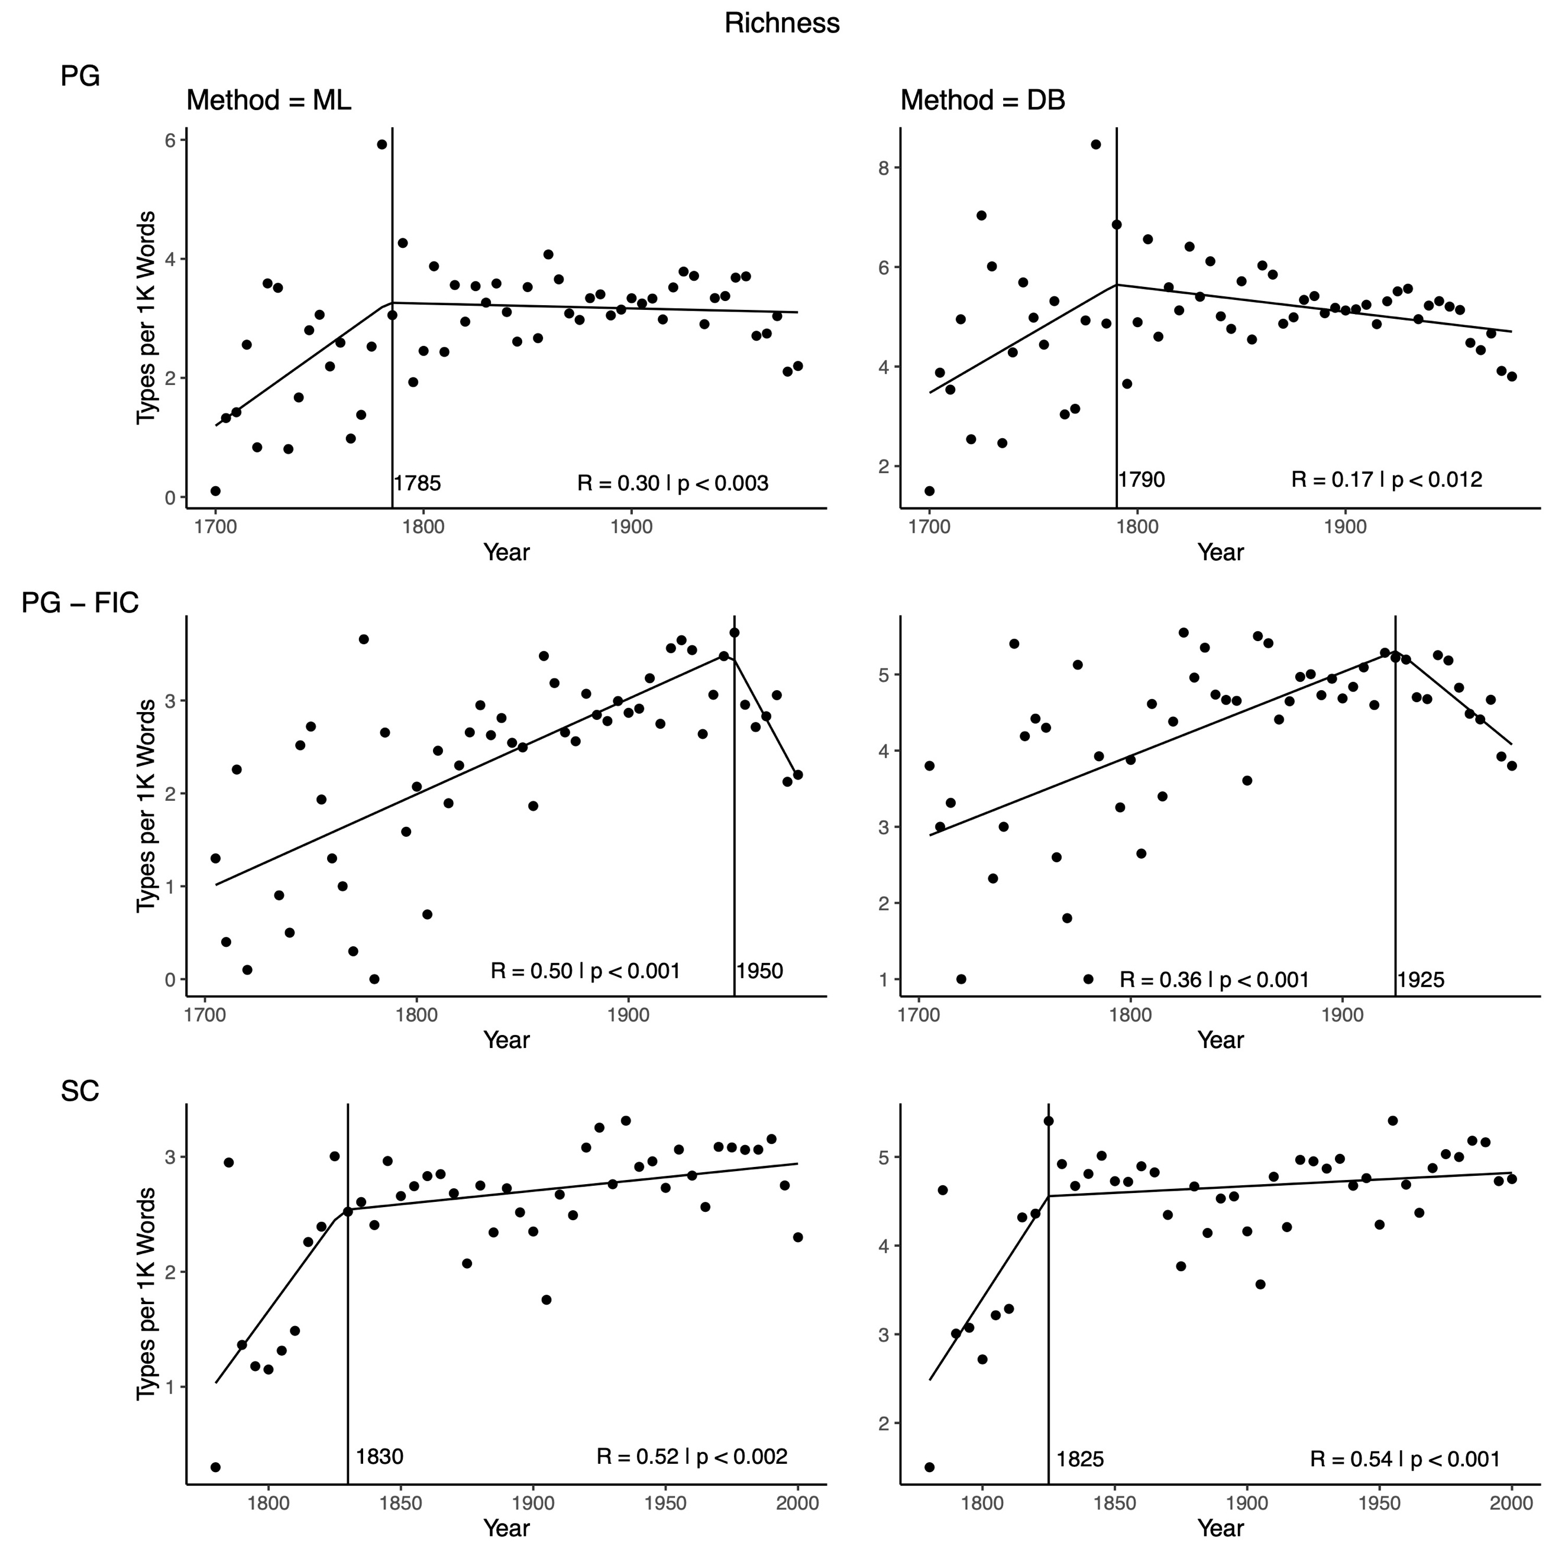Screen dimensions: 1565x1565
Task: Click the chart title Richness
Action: coord(782,24)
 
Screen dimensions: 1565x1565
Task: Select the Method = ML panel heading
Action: coord(269,101)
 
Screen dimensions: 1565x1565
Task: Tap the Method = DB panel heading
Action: coord(982,101)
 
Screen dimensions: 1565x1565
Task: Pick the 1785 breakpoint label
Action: coord(417,484)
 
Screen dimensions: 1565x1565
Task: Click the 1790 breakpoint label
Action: coord(1142,480)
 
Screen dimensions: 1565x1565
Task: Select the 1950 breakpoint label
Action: coord(760,971)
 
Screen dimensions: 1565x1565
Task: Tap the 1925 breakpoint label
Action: coord(1421,980)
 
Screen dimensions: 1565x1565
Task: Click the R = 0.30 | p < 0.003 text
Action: coord(672,484)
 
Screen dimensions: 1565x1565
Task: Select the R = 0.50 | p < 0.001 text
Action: coord(585,971)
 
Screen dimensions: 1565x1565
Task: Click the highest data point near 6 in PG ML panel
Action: coord(381,144)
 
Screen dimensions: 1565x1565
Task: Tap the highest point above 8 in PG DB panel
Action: coord(1096,144)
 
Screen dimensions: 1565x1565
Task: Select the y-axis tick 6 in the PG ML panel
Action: coord(171,140)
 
